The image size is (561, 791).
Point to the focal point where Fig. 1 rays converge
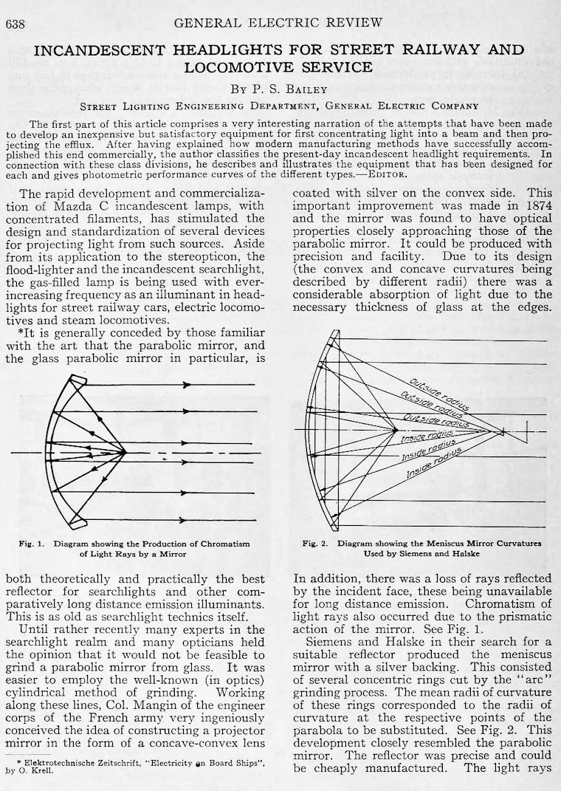point(126,452)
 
